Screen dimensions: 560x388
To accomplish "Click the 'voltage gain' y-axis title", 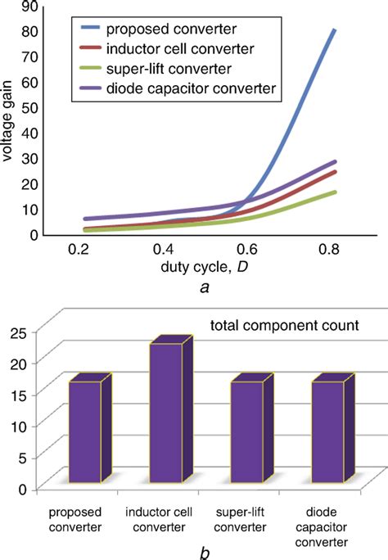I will (x=7, y=120).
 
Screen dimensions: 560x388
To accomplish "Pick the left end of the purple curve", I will (x=85, y=219).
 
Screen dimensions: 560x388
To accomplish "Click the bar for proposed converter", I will (x=85, y=431).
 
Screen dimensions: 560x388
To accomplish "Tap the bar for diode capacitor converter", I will (x=327, y=431).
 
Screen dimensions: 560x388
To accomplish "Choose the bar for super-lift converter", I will (x=246, y=431).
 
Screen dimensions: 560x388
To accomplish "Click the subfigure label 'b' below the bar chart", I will (x=205, y=553).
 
